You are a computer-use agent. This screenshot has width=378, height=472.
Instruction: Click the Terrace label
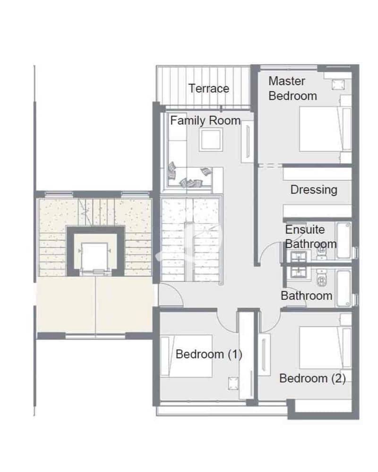(209, 88)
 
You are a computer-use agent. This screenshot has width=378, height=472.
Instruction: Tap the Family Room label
(205, 121)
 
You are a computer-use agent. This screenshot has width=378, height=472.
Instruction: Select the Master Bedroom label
(292, 88)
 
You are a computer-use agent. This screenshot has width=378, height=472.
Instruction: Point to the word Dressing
(314, 190)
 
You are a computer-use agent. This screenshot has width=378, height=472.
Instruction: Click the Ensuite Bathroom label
(310, 236)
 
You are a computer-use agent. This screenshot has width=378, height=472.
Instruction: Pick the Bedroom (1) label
(209, 354)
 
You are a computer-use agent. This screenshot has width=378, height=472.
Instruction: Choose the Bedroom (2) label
(312, 378)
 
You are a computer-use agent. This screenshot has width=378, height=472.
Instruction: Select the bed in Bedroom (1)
(187, 356)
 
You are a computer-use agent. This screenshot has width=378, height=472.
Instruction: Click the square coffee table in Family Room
(211, 140)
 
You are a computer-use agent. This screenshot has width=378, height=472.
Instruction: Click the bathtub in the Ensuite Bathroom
(344, 241)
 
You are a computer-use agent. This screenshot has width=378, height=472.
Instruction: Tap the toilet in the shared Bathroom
(321, 278)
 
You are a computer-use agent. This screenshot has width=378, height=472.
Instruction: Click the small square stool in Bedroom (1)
(233, 383)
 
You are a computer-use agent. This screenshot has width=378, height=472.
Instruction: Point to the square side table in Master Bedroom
(338, 85)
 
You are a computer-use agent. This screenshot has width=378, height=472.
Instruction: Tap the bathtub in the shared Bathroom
(344, 288)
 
